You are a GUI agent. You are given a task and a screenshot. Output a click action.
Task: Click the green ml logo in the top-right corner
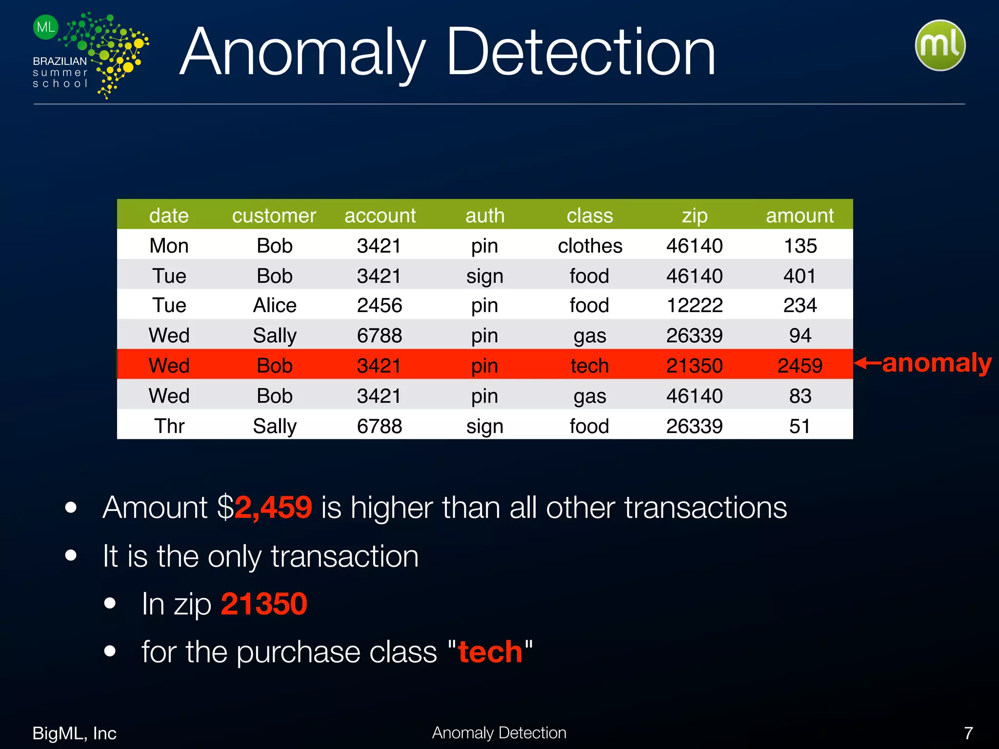[x=940, y=45]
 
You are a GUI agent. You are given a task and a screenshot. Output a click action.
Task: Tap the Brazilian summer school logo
[x=91, y=55]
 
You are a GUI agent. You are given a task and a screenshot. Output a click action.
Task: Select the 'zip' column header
[x=695, y=216]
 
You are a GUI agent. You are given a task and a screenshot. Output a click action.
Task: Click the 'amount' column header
[x=799, y=216]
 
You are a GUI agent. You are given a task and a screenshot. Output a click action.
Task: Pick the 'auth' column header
[x=485, y=216]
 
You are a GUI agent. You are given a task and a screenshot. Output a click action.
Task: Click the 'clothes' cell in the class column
[x=590, y=246]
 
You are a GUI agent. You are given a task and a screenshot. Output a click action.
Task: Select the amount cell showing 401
[x=799, y=276]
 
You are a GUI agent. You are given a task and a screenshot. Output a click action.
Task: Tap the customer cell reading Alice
[x=275, y=306]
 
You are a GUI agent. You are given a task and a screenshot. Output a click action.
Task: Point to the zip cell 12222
[x=695, y=306]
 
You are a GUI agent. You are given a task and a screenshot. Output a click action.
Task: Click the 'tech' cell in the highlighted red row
[x=590, y=366]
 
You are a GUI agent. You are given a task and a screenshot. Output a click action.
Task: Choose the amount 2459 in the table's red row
[x=799, y=366]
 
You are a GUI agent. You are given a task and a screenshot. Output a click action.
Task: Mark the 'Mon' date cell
[x=169, y=246]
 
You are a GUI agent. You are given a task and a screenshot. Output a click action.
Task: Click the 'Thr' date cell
[x=169, y=426]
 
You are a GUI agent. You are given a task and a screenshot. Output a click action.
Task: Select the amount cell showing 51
[x=799, y=426]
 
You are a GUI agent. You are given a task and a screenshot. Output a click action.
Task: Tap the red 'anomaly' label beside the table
[x=937, y=363]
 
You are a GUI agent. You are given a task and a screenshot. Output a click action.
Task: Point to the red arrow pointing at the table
[x=867, y=363]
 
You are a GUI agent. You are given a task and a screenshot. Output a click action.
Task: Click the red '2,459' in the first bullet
[x=273, y=507]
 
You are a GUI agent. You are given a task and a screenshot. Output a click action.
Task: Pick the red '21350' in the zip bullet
[x=264, y=604]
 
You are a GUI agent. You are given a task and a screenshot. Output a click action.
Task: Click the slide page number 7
[x=968, y=733]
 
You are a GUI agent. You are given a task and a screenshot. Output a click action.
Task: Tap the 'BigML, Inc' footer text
[x=74, y=733]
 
